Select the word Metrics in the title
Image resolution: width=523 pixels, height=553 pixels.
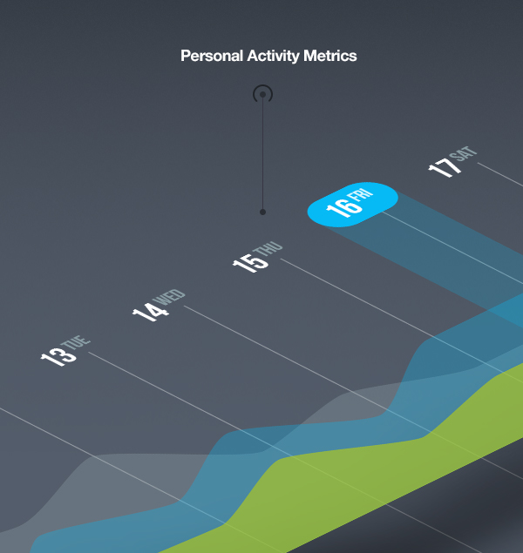330,56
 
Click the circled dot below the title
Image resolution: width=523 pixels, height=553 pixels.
263,94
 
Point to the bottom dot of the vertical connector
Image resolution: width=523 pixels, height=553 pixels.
262,212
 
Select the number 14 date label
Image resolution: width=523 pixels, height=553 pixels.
151,311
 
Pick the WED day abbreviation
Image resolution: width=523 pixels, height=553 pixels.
169,297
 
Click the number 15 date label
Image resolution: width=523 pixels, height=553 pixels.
250,263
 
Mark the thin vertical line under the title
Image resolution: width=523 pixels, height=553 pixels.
262,153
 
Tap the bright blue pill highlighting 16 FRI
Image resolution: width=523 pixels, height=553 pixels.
352,205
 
